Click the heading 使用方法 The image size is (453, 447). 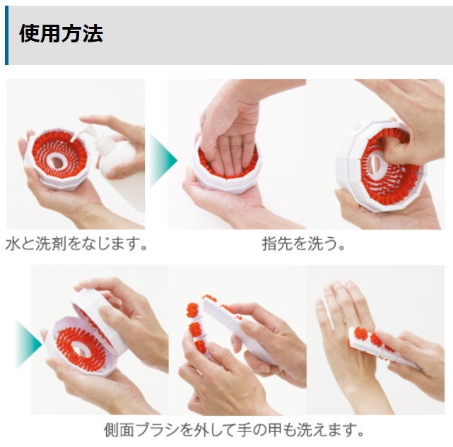[x=61, y=33]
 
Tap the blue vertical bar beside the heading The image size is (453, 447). [x=7, y=35]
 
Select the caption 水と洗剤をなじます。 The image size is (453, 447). [x=76, y=244]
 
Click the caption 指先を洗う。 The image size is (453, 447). [x=304, y=244]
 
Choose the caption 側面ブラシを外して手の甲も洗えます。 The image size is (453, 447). [x=234, y=430]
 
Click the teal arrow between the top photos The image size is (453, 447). [x=163, y=160]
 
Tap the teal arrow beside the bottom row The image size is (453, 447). [x=28, y=344]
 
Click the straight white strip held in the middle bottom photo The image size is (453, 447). [x=240, y=329]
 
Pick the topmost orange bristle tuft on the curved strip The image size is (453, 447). [x=209, y=297]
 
